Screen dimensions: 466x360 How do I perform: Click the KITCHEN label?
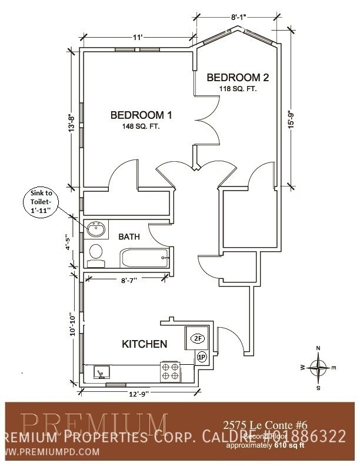(x=144, y=344)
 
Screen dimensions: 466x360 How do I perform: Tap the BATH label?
(x=129, y=237)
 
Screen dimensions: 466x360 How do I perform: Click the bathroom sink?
(x=96, y=229)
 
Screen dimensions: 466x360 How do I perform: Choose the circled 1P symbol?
(x=201, y=357)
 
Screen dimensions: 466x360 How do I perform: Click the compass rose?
(x=318, y=368)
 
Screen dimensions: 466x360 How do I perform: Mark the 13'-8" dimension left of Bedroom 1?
(x=72, y=123)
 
